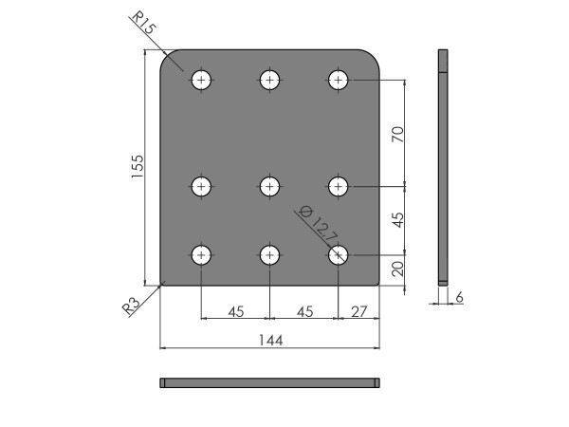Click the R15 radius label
click(144, 23)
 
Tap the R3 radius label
click(131, 306)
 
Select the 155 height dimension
click(138, 167)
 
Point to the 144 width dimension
click(270, 341)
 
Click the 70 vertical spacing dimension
click(398, 135)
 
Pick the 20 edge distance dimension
click(398, 269)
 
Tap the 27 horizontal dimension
click(358, 311)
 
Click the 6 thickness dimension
click(459, 297)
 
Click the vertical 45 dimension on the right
click(398, 220)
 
